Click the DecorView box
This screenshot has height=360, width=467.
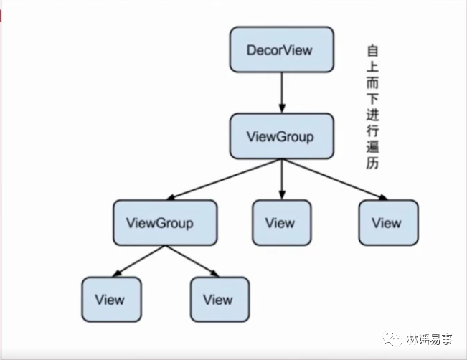(282, 49)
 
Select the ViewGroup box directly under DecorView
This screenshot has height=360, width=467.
(282, 136)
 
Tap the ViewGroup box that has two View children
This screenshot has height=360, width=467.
(165, 223)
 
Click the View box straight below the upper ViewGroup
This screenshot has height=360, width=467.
(282, 223)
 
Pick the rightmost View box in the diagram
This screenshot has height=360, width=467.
(388, 223)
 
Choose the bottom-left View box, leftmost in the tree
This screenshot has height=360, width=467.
(112, 300)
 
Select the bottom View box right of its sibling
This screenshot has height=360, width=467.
(220, 300)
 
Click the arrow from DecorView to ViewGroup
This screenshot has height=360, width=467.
(282, 93)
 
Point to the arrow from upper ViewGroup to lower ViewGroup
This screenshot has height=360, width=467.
(224, 179)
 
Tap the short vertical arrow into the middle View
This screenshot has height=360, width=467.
(282, 179)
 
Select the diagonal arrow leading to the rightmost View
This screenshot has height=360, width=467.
(335, 179)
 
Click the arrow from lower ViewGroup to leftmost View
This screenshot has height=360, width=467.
(138, 261)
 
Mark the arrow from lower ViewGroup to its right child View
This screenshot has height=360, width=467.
(192, 261)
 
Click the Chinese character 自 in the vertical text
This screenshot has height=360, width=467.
(372, 51)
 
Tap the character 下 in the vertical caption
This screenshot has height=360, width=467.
(372, 99)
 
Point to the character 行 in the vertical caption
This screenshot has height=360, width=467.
(372, 131)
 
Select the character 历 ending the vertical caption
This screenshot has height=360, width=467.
(372, 163)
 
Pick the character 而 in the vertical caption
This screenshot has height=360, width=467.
(372, 82)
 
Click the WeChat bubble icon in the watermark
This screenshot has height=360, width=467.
(392, 339)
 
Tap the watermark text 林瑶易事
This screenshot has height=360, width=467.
(430, 339)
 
